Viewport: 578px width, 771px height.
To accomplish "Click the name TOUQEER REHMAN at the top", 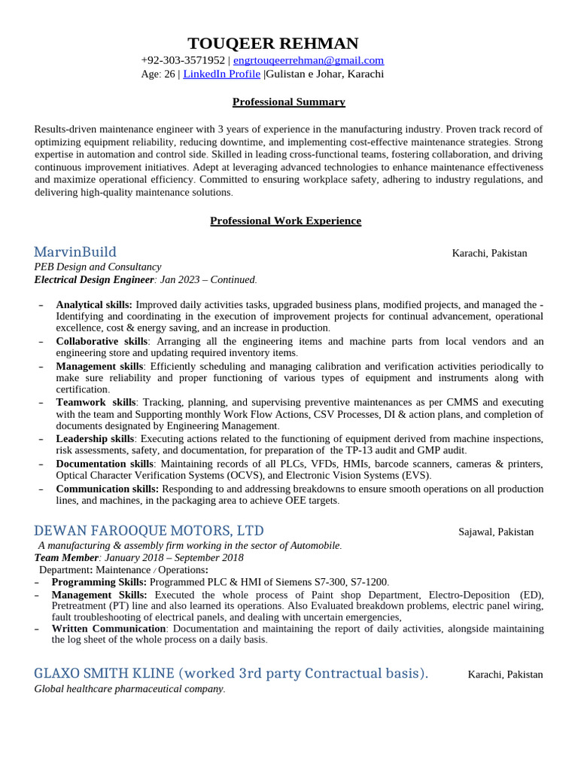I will click(x=273, y=44).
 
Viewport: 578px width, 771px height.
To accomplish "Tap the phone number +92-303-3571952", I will click(x=183, y=60).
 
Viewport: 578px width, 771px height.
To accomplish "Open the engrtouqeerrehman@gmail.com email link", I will click(x=309, y=60).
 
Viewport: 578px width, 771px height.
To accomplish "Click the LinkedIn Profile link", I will click(x=221, y=74).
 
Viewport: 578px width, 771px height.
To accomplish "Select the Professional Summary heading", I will click(x=288, y=102).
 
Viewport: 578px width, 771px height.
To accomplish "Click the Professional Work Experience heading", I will click(x=285, y=221).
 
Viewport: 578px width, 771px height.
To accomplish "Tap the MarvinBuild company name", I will click(x=75, y=252).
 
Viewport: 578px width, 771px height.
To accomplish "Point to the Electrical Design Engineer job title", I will click(x=94, y=279).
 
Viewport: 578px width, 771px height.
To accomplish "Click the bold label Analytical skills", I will click(x=94, y=305).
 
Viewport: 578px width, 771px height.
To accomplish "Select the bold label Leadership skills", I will click(x=95, y=438).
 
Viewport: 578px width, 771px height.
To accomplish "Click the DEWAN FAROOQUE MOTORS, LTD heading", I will click(x=149, y=531).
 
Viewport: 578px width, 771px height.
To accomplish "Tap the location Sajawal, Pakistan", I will click(x=496, y=532).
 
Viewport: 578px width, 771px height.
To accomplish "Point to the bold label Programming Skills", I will click(x=99, y=582).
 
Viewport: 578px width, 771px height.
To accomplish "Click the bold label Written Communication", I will click(x=108, y=628).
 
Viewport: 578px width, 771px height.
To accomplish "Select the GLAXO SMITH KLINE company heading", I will click(x=230, y=673).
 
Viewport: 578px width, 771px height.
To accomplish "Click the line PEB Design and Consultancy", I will click(x=98, y=267).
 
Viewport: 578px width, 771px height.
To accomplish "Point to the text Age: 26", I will click(x=157, y=74).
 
